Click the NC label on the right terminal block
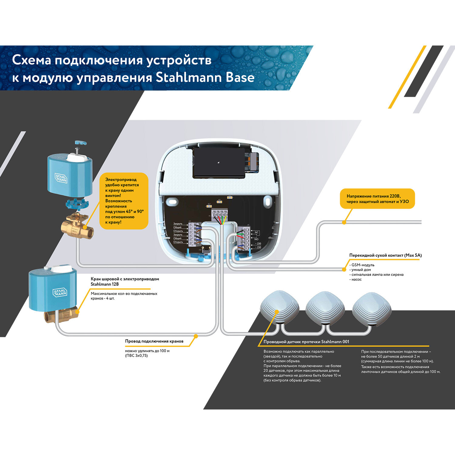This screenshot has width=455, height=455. pyautogui.click(x=257, y=232)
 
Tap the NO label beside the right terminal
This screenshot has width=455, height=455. pyautogui.click(x=256, y=239)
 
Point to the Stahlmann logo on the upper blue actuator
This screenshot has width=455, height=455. pyautogui.click(x=61, y=178)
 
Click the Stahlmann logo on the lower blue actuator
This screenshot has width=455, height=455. pyautogui.click(x=60, y=292)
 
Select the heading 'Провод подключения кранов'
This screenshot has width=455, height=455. pyautogui.click(x=154, y=341)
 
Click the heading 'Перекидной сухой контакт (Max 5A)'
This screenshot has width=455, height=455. pyautogui.click(x=385, y=255)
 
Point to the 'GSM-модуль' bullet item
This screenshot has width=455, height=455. pyautogui.click(x=363, y=265)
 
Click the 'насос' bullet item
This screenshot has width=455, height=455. pyautogui.click(x=356, y=279)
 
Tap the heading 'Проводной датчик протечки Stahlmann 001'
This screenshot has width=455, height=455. pyautogui.click(x=306, y=342)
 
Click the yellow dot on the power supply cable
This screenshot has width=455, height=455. pyautogui.click(x=344, y=222)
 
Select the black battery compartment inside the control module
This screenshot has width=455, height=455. pyautogui.click(x=218, y=163)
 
